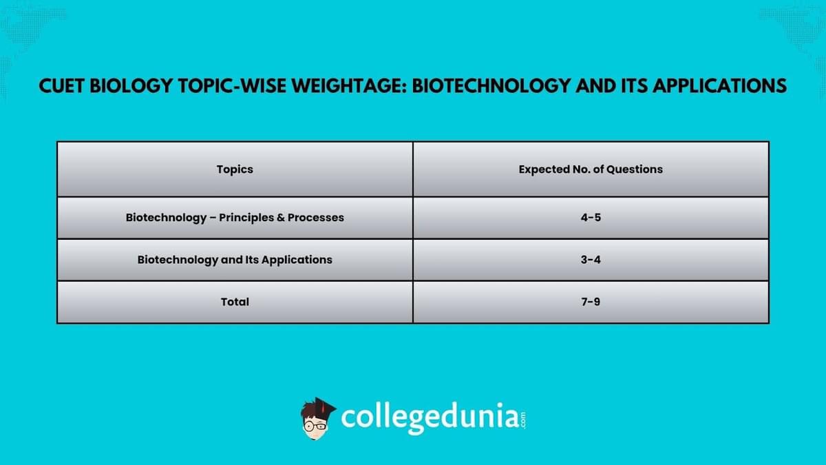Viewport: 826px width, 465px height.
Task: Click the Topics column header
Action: (x=235, y=169)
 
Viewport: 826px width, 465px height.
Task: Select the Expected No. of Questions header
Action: (x=591, y=169)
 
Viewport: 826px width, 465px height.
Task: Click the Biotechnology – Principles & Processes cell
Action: (x=235, y=217)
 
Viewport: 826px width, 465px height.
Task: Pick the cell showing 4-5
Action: (x=591, y=217)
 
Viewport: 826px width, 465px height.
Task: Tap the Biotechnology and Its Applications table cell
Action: (x=235, y=260)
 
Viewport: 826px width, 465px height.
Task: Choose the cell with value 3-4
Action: (x=591, y=260)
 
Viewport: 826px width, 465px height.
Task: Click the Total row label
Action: (x=235, y=302)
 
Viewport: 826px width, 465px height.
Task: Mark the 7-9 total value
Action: (x=591, y=302)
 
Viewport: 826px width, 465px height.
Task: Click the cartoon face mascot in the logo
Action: (x=317, y=417)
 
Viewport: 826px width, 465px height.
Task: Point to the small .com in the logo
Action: (x=522, y=418)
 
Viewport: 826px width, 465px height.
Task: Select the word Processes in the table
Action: (x=316, y=217)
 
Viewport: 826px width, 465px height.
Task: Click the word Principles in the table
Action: (x=245, y=217)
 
